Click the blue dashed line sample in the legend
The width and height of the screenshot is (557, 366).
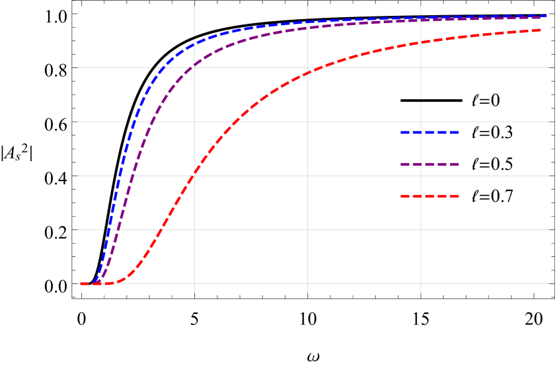[429, 133]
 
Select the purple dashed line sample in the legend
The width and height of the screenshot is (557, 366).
[429, 165]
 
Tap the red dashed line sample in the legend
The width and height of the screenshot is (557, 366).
[429, 196]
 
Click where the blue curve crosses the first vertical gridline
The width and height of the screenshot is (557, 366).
[195, 44]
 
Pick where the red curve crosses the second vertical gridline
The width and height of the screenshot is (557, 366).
[308, 72]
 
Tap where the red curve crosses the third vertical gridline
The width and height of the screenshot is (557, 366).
[421, 43]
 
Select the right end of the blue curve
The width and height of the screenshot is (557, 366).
[546, 15]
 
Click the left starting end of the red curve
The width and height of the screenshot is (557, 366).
[81, 284]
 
